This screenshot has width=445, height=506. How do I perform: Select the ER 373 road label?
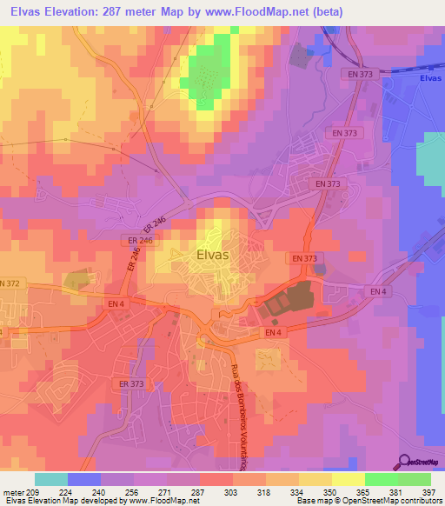pos(131,383)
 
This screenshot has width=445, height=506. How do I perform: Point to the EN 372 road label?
pos(10,283)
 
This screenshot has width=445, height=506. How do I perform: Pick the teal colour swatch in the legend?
pos(50,479)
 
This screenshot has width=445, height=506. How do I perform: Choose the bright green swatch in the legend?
pos(381,479)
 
